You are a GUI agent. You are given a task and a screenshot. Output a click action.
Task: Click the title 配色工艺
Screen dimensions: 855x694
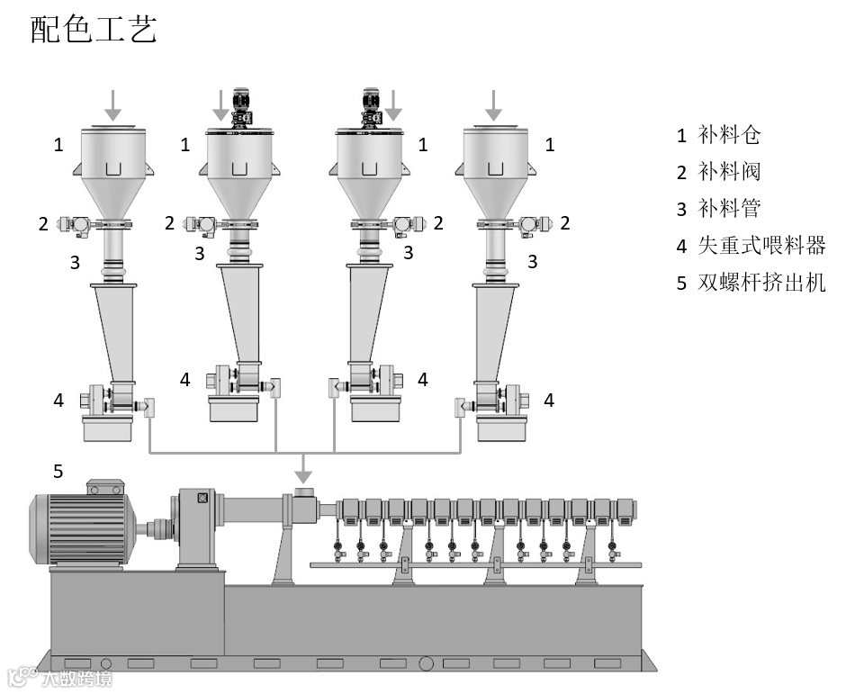click(94, 29)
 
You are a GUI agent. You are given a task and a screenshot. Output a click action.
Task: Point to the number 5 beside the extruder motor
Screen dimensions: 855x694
click(58, 471)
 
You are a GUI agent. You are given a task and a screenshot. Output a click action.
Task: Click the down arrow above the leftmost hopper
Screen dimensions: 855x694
click(112, 104)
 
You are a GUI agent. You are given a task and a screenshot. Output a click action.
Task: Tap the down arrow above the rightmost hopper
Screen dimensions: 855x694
click(493, 104)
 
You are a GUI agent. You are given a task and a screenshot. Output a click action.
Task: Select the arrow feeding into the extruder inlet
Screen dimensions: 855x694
click(304, 468)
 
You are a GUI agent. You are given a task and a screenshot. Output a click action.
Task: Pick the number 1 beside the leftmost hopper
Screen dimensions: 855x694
click(59, 144)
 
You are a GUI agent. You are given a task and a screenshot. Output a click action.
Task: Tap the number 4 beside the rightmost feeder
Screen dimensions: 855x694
click(548, 400)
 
